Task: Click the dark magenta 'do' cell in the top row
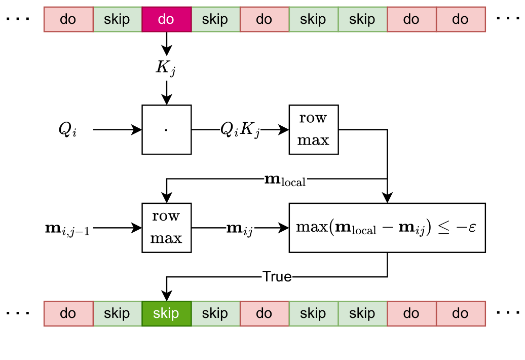click(x=166, y=19)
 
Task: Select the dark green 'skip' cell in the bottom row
click(x=166, y=313)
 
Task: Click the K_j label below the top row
click(x=166, y=69)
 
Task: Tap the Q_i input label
click(x=68, y=130)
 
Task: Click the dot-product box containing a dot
click(x=166, y=130)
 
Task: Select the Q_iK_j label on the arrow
click(x=240, y=130)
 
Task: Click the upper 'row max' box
click(x=313, y=130)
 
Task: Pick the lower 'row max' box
click(x=166, y=228)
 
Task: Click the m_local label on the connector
click(x=285, y=179)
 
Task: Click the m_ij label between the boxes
click(x=240, y=229)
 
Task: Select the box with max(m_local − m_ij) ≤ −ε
click(x=387, y=228)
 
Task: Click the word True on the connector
click(x=277, y=277)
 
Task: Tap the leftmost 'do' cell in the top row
click(x=68, y=19)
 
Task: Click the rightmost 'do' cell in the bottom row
click(x=460, y=313)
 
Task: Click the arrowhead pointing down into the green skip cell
click(x=166, y=296)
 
